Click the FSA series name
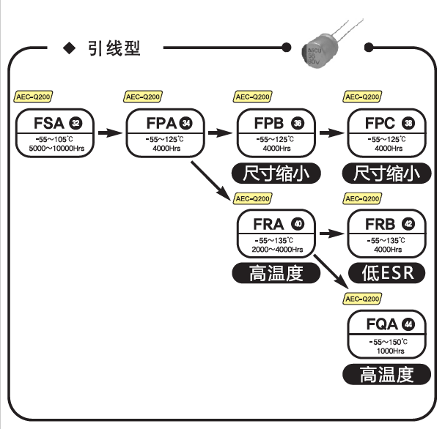click(48, 122)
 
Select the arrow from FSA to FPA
click(109, 134)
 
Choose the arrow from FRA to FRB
click(329, 234)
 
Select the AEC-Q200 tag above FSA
click(34, 96)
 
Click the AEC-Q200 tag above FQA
click(363, 299)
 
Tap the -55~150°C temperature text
click(387, 341)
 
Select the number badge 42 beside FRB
click(408, 223)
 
